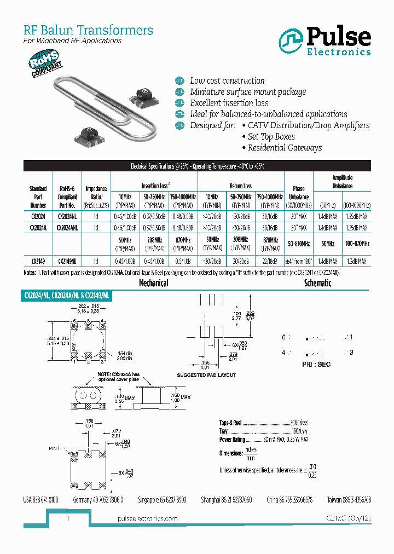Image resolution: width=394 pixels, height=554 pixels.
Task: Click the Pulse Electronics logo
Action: [x=325, y=42]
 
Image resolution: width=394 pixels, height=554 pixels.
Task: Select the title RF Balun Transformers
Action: [x=88, y=30]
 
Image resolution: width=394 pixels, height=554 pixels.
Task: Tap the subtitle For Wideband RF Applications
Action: [x=72, y=41]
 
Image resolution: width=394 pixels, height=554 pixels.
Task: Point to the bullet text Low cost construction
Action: [x=227, y=80]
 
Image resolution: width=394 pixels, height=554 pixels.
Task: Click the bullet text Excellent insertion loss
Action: [x=229, y=103]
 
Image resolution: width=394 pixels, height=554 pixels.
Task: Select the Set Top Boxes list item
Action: [x=271, y=136]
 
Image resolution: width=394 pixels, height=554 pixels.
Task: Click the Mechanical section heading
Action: [x=154, y=283]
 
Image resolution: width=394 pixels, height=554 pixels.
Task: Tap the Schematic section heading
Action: [x=317, y=283]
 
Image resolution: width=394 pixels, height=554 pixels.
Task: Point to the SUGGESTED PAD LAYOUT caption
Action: [x=206, y=376]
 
